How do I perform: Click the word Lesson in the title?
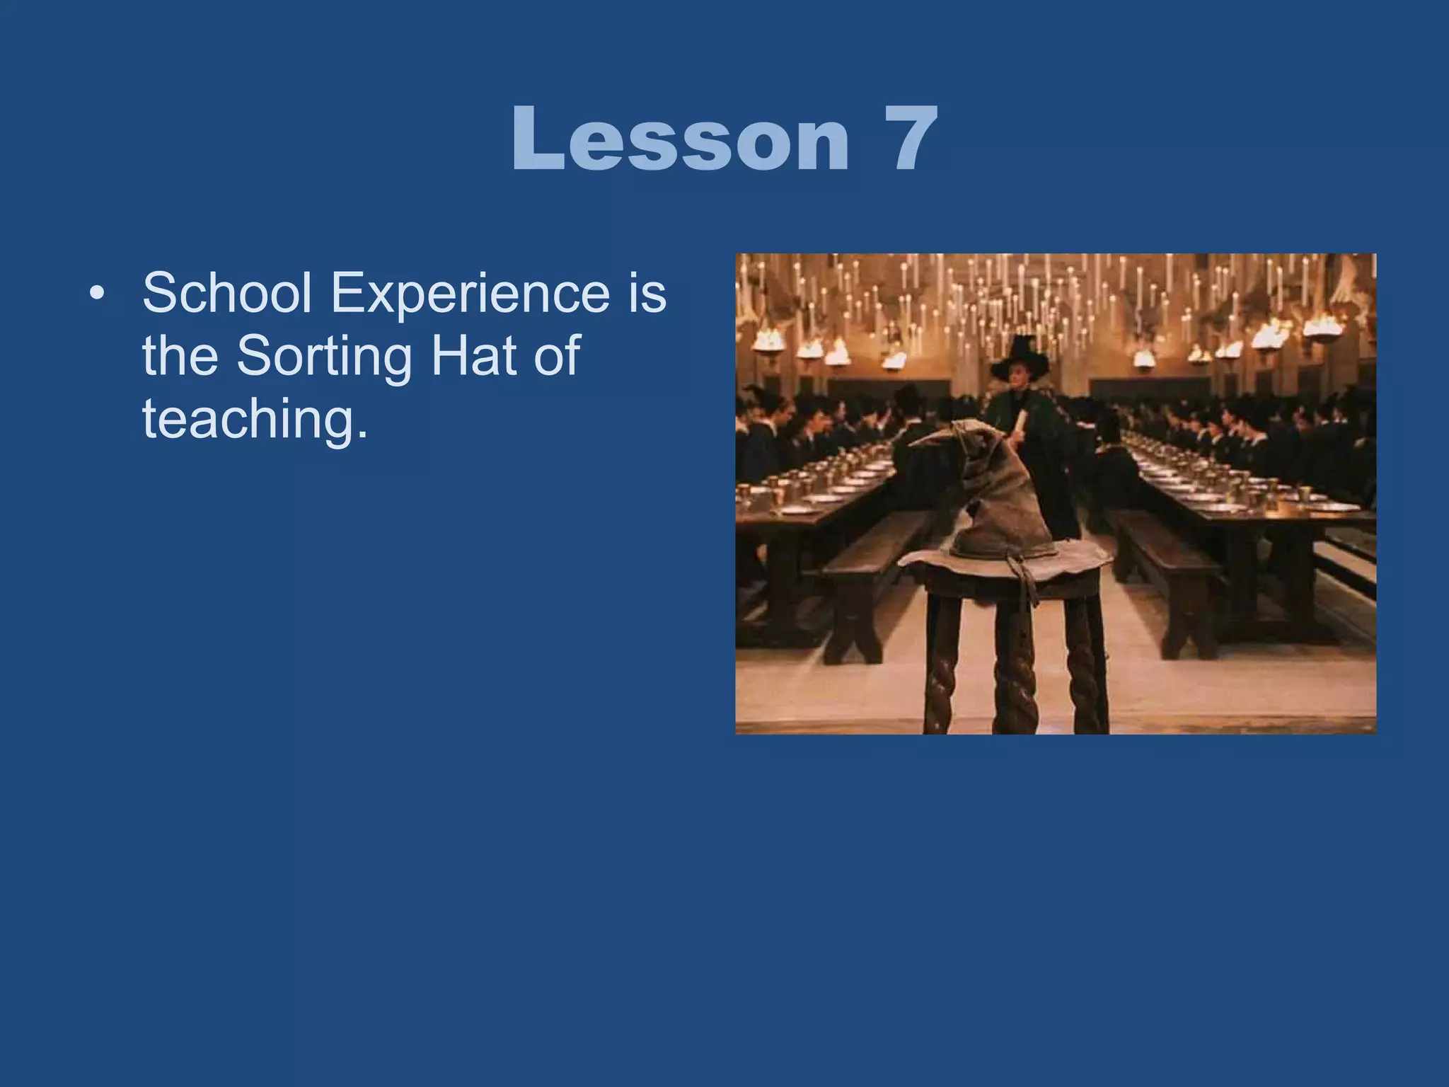pyautogui.click(x=679, y=139)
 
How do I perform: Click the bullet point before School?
pyautogui.click(x=98, y=294)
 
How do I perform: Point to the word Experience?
pyautogui.click(x=470, y=294)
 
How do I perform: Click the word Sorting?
pyautogui.click(x=323, y=356)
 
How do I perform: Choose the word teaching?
pyautogui.click(x=255, y=419)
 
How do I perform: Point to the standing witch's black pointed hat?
pyautogui.click(x=1021, y=357)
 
